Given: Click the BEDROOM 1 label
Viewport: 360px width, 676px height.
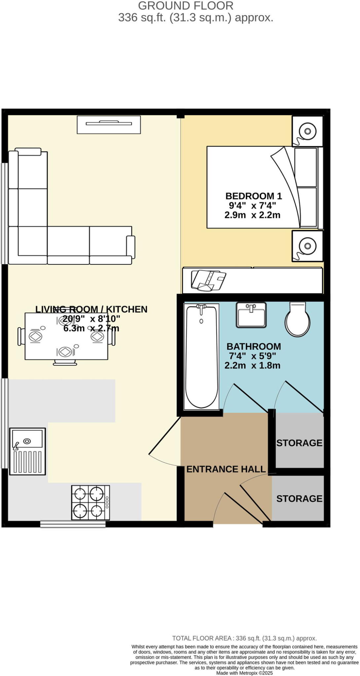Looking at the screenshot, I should [253, 196].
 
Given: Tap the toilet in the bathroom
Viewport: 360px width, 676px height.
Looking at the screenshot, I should [297, 319].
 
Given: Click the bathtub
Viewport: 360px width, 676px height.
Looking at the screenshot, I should [201, 356].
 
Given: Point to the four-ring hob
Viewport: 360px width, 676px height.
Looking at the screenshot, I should [90, 502].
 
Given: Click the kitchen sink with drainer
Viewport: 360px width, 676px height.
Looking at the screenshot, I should [27, 451].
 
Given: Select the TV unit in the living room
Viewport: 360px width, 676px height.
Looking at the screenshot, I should [109, 124].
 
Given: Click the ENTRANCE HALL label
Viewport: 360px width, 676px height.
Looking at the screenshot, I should [226, 469].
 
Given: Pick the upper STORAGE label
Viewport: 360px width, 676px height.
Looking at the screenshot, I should [299, 443].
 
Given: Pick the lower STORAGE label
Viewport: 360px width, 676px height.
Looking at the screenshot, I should [299, 498].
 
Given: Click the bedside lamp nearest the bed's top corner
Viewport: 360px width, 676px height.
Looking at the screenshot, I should [307, 131].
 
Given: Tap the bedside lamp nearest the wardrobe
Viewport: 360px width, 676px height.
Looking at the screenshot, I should [307, 246].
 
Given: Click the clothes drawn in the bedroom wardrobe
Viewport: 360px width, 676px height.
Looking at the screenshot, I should [209, 280].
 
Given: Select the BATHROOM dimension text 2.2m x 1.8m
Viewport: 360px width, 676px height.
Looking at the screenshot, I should [252, 365].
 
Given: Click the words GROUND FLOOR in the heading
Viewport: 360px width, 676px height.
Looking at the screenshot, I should [186, 6].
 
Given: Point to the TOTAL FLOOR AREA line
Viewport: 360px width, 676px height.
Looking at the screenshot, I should [244, 638].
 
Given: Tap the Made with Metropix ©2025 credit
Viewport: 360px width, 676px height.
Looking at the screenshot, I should [244, 673].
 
